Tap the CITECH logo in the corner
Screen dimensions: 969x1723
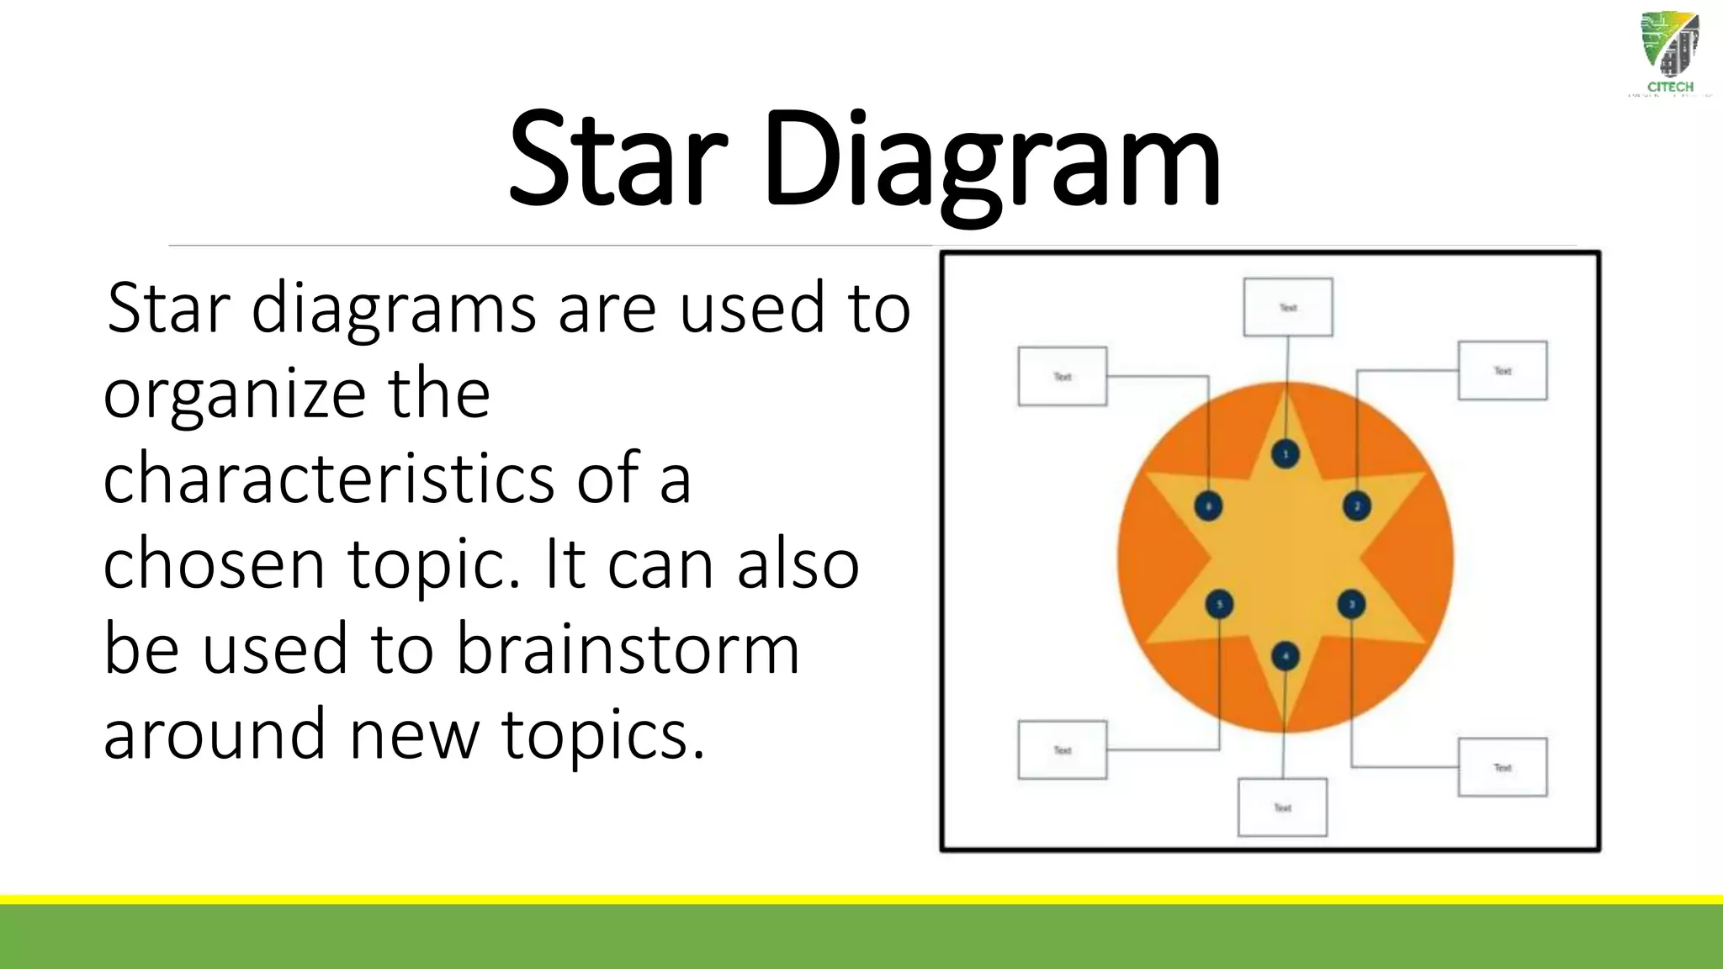pyautogui.click(x=1669, y=56)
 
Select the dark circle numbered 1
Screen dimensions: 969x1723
pyautogui.click(x=1285, y=455)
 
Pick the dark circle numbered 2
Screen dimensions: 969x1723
pyautogui.click(x=1356, y=506)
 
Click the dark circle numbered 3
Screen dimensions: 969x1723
pyautogui.click(x=1351, y=605)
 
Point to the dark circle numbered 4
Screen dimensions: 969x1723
pyautogui.click(x=1285, y=657)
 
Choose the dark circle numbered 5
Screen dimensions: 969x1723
pyautogui.click(x=1219, y=605)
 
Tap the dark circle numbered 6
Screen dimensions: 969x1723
pyautogui.click(x=1209, y=506)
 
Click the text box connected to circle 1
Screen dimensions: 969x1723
pyautogui.click(x=1287, y=307)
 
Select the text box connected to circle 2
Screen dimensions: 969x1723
pyautogui.click(x=1502, y=370)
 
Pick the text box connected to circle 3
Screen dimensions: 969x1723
pyautogui.click(x=1502, y=767)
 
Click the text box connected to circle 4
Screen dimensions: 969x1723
pyautogui.click(x=1282, y=807)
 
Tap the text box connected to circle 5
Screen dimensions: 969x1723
pyautogui.click(x=1062, y=749)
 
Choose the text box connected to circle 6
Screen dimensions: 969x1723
pyautogui.click(x=1062, y=376)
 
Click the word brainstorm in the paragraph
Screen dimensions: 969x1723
pyautogui.click(x=628, y=649)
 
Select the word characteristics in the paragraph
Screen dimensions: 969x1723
pyautogui.click(x=328, y=479)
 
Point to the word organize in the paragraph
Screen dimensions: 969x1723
pyautogui.click(x=234, y=394)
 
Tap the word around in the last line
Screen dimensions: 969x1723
pyautogui.click(x=214, y=734)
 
